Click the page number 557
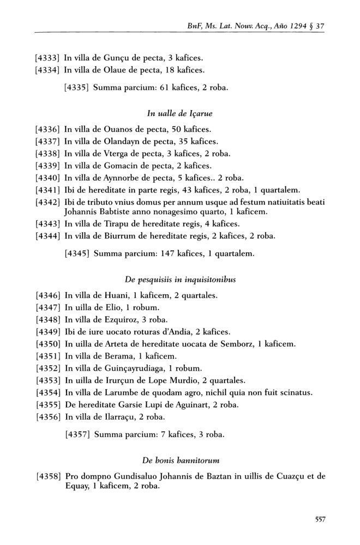320,519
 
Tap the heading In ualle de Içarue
179,113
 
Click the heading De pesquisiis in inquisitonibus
179,279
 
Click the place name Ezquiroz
121,319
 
